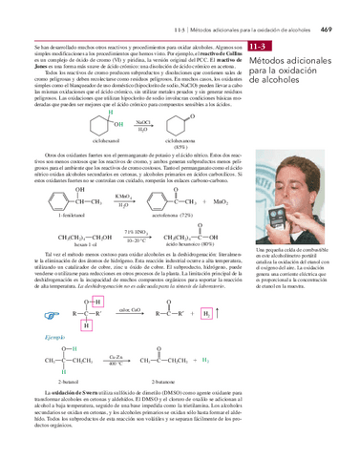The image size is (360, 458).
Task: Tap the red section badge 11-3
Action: (x=259, y=47)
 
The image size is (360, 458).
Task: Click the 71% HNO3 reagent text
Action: (x=135, y=231)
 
